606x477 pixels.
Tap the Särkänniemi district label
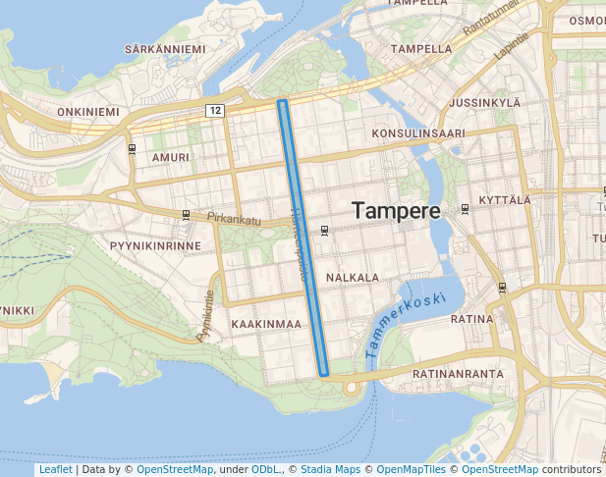coord(164,49)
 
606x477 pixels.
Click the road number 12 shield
coord(215,110)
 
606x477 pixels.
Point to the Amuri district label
coord(171,157)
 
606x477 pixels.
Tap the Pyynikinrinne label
coord(155,245)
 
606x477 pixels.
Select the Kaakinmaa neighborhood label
coord(265,324)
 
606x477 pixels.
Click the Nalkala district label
coord(353,278)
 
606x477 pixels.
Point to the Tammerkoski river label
coord(404,324)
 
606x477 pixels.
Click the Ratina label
coord(470,319)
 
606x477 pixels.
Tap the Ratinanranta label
coord(458,374)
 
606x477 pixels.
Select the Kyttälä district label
coord(504,200)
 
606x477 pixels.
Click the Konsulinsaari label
coord(418,132)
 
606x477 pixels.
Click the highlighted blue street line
coord(303,236)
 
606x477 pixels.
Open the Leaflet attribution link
coord(55,470)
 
